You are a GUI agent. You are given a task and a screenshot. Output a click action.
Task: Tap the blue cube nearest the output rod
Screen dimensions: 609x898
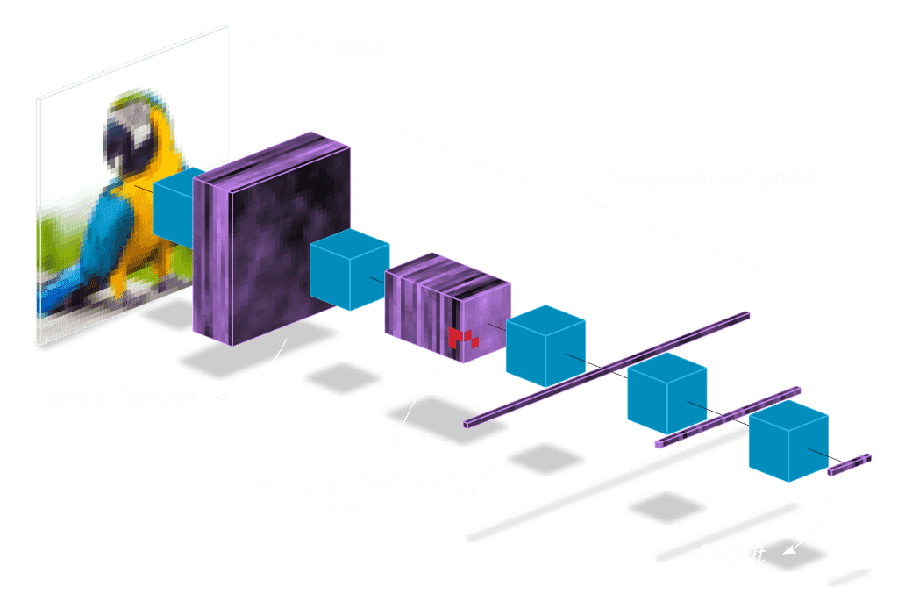[788, 444]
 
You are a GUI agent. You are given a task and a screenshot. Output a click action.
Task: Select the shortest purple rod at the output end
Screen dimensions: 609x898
[850, 465]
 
